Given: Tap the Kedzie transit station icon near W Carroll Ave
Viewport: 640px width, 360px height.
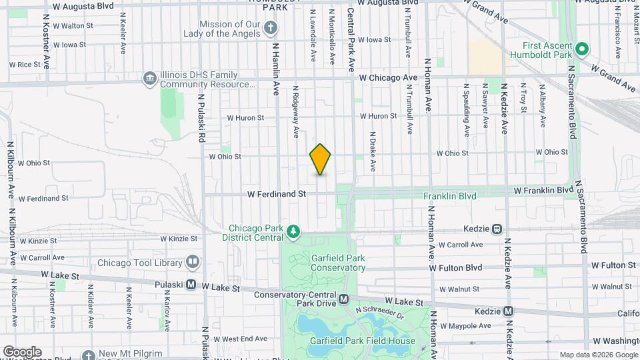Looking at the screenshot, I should point(497,229).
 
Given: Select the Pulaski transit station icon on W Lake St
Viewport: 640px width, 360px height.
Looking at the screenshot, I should point(191,285).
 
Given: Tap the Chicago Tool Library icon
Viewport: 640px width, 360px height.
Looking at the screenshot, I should point(193,261).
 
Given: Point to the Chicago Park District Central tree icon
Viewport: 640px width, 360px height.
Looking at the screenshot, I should point(293,232).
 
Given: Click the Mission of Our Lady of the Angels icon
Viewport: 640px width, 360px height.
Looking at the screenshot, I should point(270,28).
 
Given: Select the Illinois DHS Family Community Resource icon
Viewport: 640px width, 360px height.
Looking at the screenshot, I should point(149,80).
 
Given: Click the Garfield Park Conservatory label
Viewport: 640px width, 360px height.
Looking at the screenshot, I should point(338,263).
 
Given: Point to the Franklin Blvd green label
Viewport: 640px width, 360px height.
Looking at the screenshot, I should point(450,196).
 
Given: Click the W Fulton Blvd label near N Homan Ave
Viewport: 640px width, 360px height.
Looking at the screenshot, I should point(455,268).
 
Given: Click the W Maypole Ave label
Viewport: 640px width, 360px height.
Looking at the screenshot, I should point(466,326).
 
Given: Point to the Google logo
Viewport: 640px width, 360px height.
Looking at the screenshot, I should point(22,351).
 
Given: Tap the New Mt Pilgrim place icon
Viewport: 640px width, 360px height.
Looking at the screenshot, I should point(87,354).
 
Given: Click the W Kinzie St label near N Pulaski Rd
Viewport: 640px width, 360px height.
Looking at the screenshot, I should point(179,239).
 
